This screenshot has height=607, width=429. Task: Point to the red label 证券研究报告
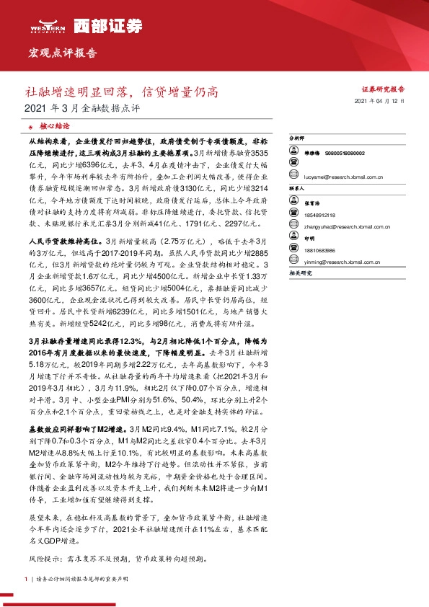click(x=382, y=89)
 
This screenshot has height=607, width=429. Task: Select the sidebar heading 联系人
click(x=297, y=187)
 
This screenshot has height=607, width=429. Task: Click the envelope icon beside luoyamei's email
click(x=294, y=176)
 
